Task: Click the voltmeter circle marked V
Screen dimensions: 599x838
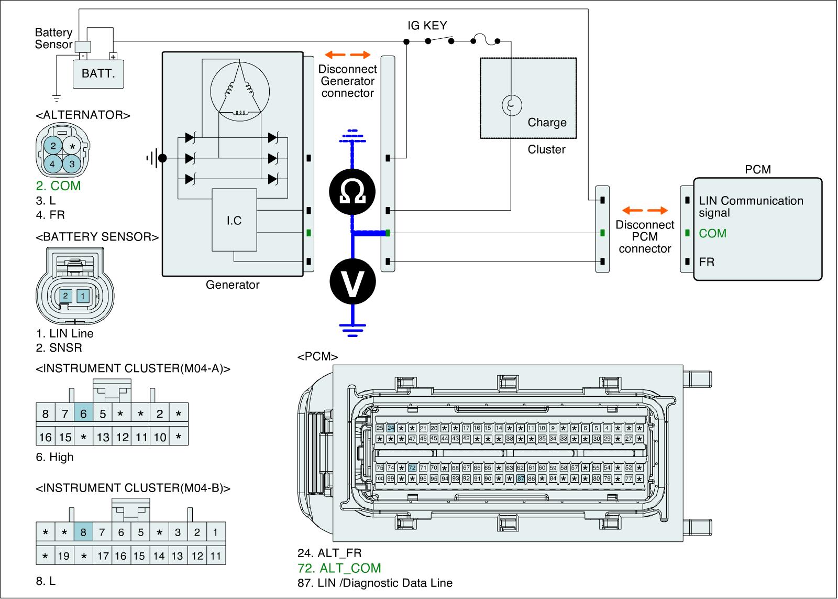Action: coord(352,281)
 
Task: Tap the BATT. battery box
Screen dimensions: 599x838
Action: coord(98,73)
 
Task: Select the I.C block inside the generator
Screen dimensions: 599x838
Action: coord(234,220)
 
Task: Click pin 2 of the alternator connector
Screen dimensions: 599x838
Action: coord(53,146)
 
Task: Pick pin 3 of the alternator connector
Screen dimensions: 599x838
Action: coord(72,164)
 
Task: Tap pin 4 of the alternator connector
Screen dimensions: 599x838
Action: coord(53,164)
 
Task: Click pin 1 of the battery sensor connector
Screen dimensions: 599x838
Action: coord(83,296)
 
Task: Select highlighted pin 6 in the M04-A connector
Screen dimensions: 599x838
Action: coord(83,414)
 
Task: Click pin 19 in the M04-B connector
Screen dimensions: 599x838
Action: coord(63,556)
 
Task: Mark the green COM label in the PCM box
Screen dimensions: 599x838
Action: coord(713,233)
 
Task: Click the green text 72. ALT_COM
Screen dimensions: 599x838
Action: coord(339,568)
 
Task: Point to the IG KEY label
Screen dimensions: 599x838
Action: coord(427,25)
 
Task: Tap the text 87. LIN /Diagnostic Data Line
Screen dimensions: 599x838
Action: coord(374,583)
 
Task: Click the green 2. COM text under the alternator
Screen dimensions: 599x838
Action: coord(58,186)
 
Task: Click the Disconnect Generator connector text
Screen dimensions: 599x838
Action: coord(348,81)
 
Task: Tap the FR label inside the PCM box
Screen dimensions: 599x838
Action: coord(707,262)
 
